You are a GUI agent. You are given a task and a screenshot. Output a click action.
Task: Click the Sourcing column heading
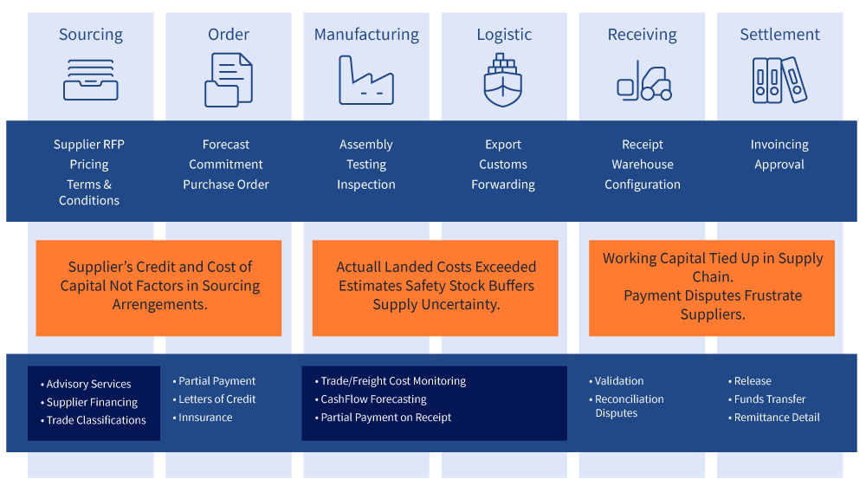pos(91,35)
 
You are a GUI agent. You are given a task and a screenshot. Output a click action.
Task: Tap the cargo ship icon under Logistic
pos(503,80)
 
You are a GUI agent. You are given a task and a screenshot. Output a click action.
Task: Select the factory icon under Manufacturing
pos(366,81)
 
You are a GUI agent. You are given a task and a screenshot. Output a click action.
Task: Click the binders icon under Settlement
pos(779,81)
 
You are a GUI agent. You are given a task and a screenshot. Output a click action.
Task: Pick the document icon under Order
pos(229,80)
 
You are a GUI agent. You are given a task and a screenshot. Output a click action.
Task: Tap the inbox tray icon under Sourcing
pos(91,80)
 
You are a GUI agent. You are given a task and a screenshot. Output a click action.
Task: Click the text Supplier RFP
pos(89,145)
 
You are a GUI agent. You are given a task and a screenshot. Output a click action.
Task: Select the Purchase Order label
pos(226,185)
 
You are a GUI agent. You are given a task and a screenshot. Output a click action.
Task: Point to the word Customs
pos(503,165)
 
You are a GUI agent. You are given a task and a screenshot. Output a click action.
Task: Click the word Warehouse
pos(643,165)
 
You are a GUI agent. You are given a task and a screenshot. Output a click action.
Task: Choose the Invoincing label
pos(779,145)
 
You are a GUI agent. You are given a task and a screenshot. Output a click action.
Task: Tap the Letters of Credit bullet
pos(216,399)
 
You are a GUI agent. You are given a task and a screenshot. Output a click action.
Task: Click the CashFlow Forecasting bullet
pos(373,399)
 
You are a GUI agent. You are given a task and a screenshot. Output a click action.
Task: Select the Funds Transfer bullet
pos(770,399)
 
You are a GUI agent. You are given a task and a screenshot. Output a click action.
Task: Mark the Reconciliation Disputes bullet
pos(629,406)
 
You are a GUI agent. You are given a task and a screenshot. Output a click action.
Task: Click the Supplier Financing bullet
pos(92,402)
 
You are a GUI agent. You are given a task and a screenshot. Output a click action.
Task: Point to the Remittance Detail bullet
pos(777,418)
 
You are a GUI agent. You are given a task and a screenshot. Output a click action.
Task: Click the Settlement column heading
pos(779,35)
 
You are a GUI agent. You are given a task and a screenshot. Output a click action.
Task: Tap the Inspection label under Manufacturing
pos(366,185)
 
